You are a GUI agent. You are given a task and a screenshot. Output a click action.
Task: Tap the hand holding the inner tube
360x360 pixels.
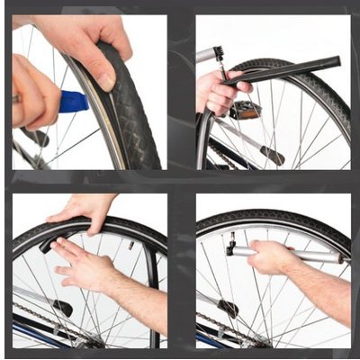(x=214, y=91)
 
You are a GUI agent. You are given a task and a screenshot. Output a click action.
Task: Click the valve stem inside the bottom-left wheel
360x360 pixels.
(x=130, y=244)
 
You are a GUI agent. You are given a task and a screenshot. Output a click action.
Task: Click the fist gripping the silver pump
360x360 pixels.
(x=270, y=257)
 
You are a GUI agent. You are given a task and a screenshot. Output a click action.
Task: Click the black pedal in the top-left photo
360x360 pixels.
(x=36, y=137)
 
